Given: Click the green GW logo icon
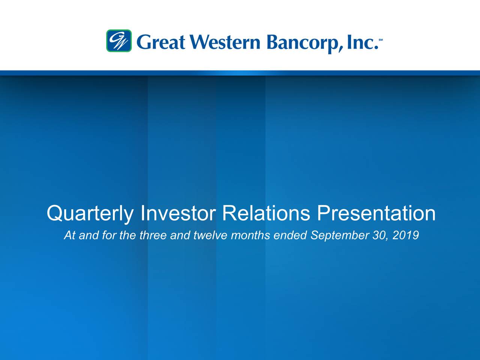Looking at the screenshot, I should pyautogui.click(x=119, y=40).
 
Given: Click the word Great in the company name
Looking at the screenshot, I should pyautogui.click(x=162, y=42).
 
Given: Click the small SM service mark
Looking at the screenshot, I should pyautogui.click(x=381, y=39).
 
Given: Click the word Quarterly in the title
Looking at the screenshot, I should pyautogui.click(x=90, y=213).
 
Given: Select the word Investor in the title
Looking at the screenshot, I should pyautogui.click(x=178, y=213).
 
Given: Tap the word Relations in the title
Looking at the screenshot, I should pyautogui.click(x=266, y=213).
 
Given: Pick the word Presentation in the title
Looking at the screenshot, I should pyautogui.click(x=376, y=213).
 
